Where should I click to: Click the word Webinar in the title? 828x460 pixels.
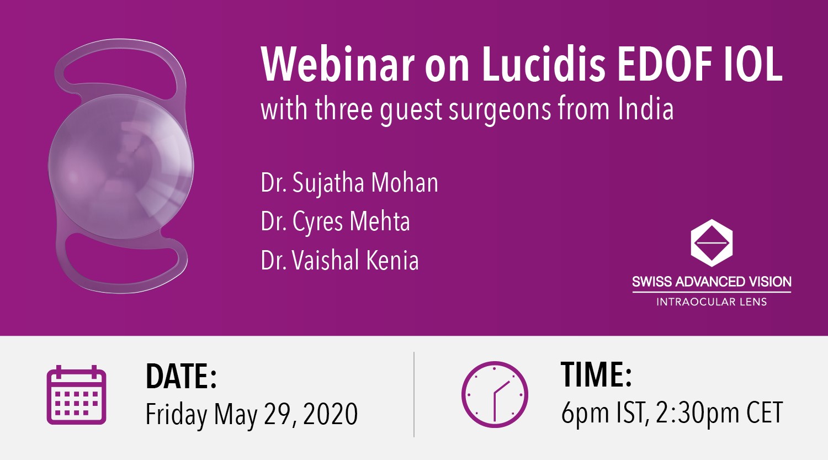(337, 65)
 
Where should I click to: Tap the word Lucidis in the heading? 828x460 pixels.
(543, 65)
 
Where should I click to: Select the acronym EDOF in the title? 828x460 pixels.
(666, 65)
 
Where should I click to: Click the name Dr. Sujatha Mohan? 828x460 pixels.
(349, 182)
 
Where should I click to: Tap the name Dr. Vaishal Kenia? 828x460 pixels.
(339, 260)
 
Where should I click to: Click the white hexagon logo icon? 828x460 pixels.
(712, 243)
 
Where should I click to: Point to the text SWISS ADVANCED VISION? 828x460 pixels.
(712, 282)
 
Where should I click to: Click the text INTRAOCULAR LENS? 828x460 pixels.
(712, 302)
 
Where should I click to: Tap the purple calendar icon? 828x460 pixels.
(77, 394)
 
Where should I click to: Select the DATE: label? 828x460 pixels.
(181, 377)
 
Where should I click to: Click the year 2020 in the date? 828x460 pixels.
(330, 414)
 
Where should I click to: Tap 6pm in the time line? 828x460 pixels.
(585, 413)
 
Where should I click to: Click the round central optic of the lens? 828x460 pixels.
(121, 166)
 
